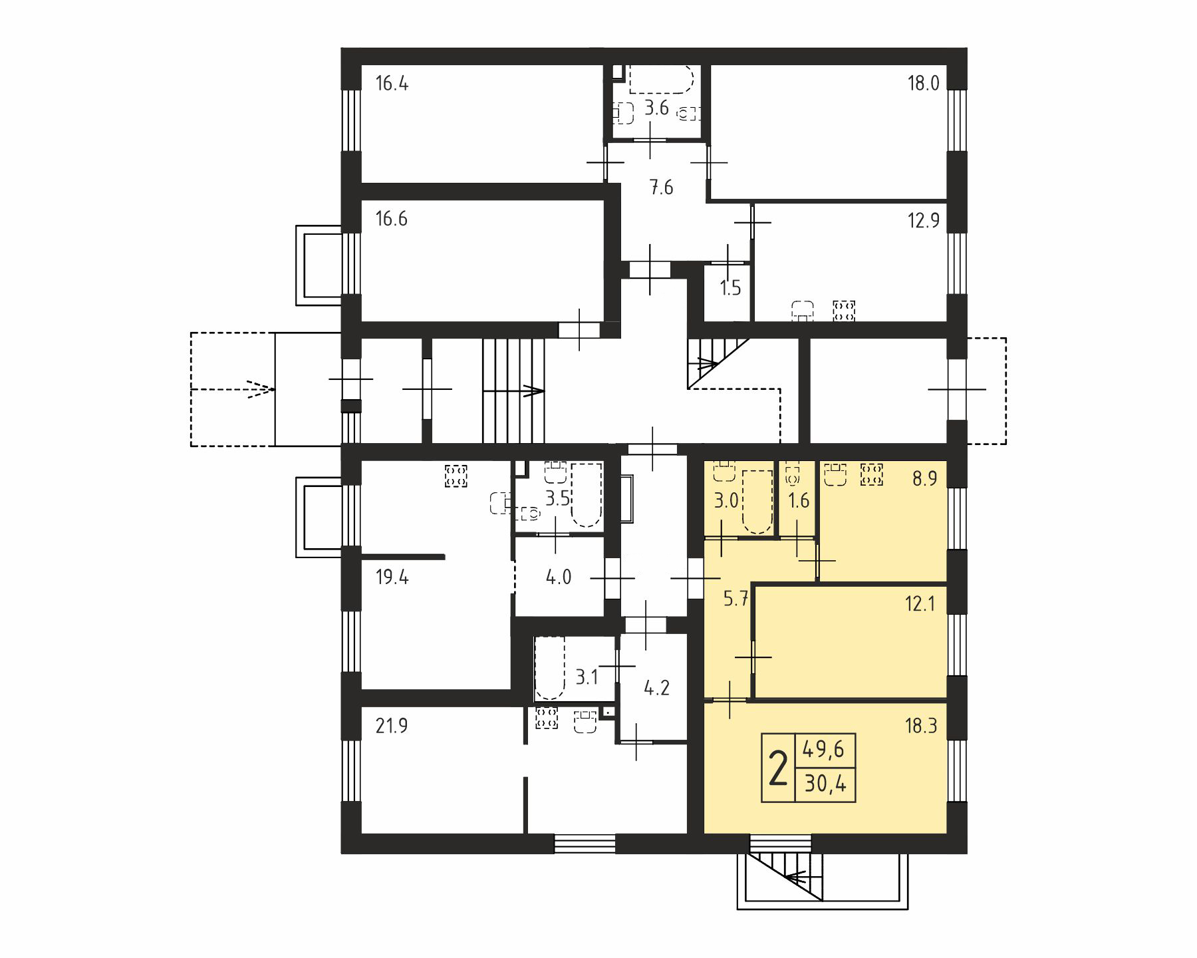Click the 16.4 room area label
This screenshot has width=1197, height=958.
392,84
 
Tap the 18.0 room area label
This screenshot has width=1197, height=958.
924,84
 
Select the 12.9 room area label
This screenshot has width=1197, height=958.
924,220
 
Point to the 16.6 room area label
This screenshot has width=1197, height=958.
392,219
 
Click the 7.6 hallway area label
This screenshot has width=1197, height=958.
661,188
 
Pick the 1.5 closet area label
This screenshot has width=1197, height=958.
730,288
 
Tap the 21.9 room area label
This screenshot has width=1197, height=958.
392,726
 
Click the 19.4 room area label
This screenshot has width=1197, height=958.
392,577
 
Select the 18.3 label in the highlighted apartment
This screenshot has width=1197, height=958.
921,726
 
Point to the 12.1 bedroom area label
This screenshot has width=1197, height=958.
920,604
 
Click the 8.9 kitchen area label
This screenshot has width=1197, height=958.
924,478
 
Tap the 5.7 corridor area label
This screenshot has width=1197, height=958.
735,599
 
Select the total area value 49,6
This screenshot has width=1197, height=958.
824,750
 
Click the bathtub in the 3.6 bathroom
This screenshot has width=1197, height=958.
661,80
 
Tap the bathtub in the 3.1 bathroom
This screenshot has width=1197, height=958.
549,668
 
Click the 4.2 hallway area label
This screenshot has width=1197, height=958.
656,688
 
